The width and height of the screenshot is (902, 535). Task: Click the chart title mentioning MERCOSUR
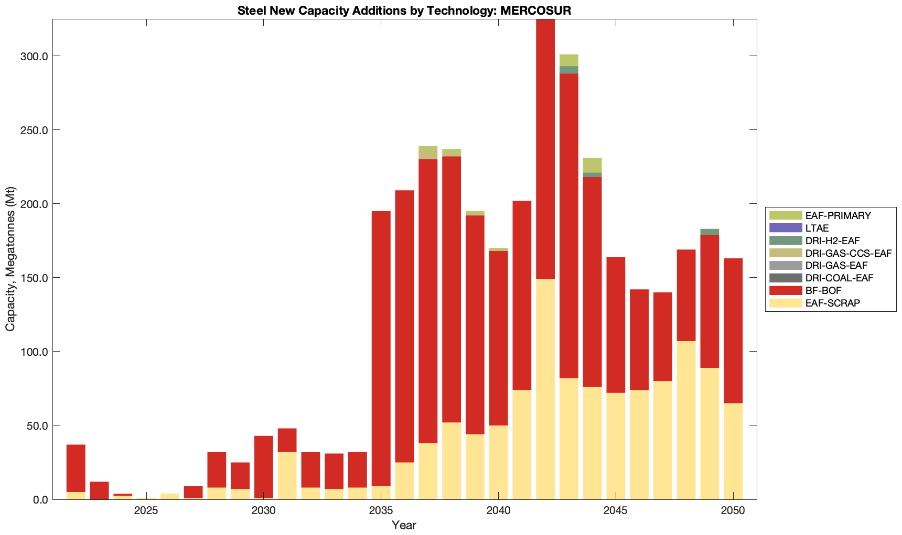[404, 10]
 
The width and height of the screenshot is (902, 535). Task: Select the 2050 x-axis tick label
[733, 511]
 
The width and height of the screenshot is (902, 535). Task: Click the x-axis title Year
[404, 525]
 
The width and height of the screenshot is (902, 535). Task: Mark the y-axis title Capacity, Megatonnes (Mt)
[10, 259]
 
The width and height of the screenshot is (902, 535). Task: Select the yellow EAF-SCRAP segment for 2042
[545, 388]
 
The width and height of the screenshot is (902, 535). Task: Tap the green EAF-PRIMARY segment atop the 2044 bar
[592, 165]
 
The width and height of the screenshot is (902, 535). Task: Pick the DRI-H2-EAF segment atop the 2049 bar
[710, 232]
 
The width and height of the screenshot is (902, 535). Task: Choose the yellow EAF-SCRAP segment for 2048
[686, 419]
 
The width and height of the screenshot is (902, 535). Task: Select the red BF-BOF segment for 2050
[733, 330]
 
